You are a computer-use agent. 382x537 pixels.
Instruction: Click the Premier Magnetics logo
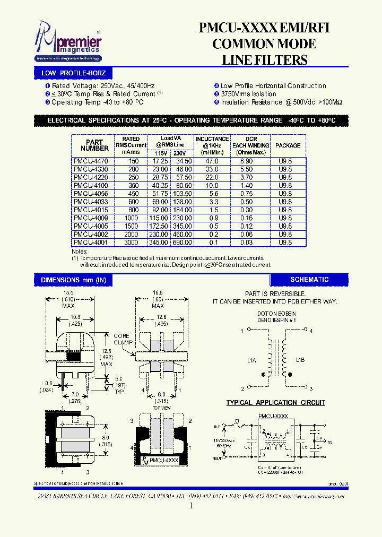67,43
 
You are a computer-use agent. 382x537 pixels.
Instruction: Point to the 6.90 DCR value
247,161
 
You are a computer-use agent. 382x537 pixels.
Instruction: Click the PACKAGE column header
288,145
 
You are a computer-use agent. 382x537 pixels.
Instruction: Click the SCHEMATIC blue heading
309,280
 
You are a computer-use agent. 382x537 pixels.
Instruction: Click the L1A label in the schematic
251,360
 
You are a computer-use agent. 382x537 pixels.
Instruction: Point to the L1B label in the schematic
300,360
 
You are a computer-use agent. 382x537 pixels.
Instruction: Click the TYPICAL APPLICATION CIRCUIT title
275,403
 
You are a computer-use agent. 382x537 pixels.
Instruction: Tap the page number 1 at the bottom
190,506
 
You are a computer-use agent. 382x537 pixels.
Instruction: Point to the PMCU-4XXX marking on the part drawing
164,461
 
